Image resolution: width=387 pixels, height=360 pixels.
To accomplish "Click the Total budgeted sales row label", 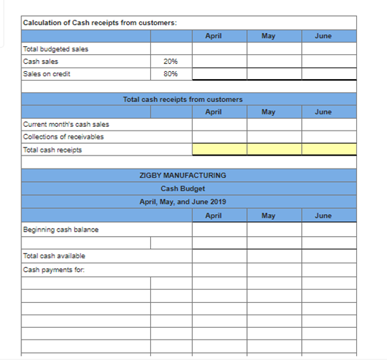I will (x=52, y=49).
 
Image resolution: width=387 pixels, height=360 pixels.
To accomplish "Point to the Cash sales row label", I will (x=41, y=62).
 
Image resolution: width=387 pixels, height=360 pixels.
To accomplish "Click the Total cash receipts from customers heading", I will (x=183, y=99).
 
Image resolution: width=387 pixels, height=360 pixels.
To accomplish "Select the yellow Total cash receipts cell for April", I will (x=219, y=150).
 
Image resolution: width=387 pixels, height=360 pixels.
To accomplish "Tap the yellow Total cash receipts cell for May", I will (x=274, y=150).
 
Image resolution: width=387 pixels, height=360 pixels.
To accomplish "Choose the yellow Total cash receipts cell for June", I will (x=329, y=150).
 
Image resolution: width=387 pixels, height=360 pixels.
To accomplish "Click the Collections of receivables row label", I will (x=64, y=136).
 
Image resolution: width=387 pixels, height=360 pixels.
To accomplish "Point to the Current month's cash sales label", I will (x=66, y=124).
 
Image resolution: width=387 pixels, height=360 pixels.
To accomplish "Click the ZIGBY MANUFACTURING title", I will (x=183, y=176).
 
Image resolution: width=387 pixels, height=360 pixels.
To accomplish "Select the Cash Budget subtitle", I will (x=183, y=188).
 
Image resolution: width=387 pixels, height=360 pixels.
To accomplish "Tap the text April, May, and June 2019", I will (x=183, y=202).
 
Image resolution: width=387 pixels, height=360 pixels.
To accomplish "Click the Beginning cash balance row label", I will (x=61, y=229).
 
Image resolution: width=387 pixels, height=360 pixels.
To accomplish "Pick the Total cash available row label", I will (x=54, y=256).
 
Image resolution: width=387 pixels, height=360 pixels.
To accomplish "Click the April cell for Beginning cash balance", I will (x=219, y=229).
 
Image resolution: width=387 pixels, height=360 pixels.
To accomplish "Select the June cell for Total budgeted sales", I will (x=329, y=49).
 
